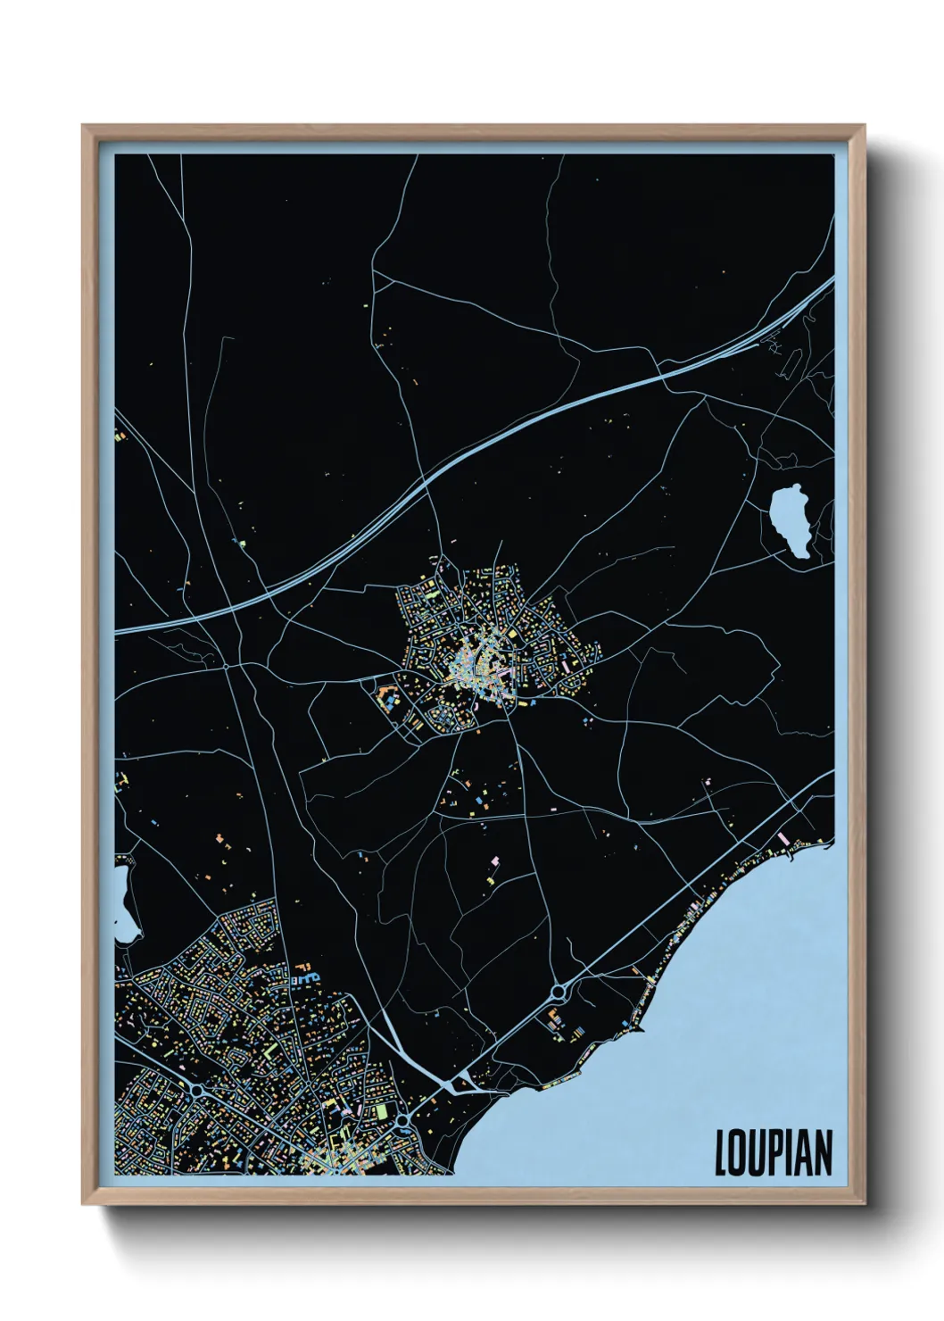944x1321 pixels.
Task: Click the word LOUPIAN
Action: [x=774, y=1152]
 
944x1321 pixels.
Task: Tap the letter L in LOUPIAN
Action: [x=721, y=1152]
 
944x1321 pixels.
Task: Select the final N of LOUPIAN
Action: [x=824, y=1152]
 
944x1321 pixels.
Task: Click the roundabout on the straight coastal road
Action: [x=560, y=991]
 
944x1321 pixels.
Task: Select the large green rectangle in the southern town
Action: [x=382, y=1111]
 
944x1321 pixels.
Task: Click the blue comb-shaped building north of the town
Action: [x=306, y=978]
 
